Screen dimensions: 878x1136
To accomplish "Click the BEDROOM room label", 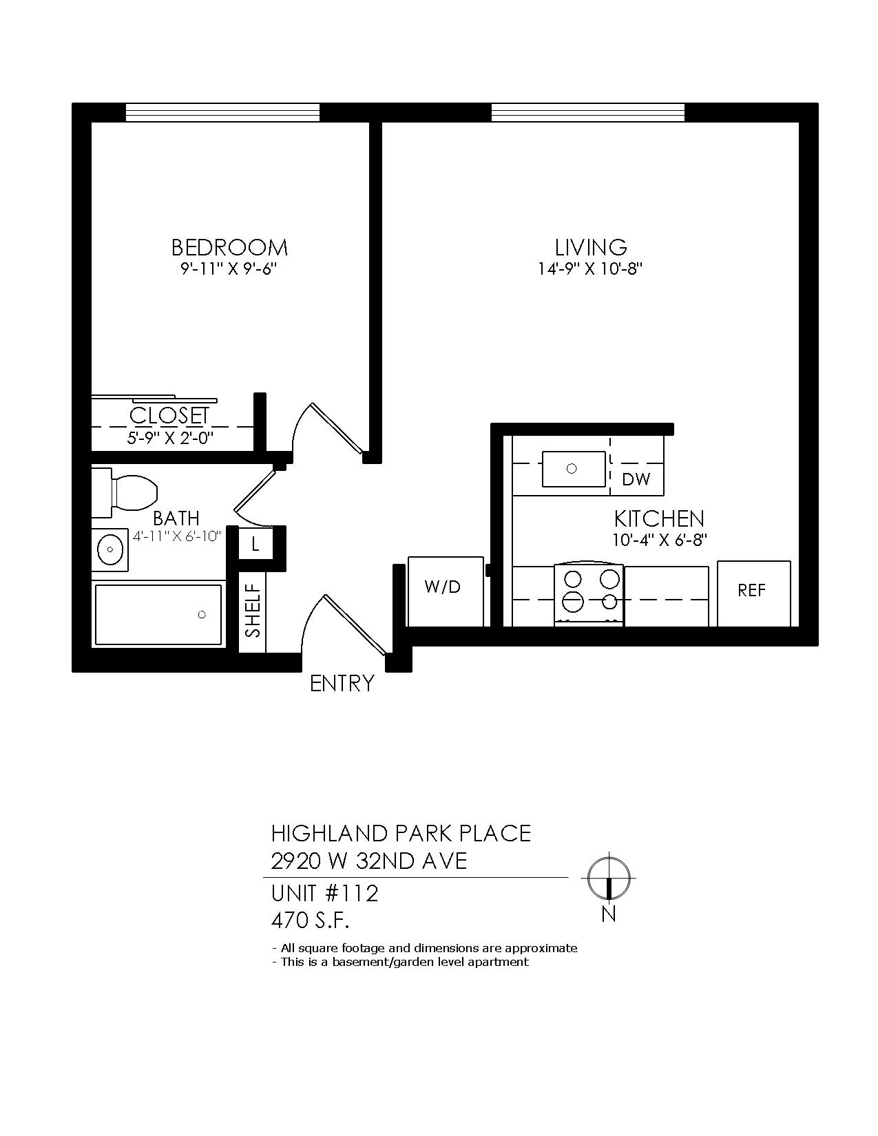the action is [229, 247].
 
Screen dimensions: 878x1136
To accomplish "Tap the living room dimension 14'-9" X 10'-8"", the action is [590, 269].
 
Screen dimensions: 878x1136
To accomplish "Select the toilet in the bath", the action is [125, 493].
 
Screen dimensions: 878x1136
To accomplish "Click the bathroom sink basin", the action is [110, 549].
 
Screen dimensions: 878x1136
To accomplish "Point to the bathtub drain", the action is [202, 615].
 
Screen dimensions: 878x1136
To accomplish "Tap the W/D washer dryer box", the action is [446, 591].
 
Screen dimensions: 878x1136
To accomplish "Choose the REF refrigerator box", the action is [753, 593].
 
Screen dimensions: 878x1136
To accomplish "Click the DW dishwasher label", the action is [636, 479].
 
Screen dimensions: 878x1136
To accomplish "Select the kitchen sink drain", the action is [572, 468].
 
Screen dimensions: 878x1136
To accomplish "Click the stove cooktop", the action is [589, 594].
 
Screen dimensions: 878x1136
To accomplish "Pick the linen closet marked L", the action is [255, 545].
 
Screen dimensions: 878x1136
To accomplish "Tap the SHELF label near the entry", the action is [253, 611].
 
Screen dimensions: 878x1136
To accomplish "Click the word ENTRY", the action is [342, 684].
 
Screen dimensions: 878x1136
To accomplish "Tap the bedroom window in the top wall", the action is [222, 112].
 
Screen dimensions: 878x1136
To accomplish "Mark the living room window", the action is [588, 112].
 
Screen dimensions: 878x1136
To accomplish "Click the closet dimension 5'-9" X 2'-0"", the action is [171, 438].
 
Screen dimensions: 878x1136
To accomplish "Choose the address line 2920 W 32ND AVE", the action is [368, 861].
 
